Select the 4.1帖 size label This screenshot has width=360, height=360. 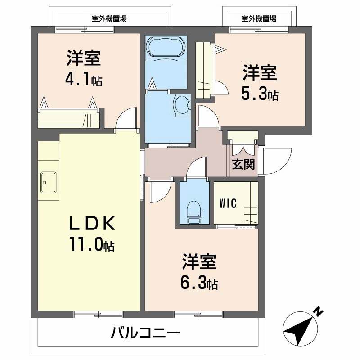coord(84,80)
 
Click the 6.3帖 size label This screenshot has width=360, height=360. coord(200,283)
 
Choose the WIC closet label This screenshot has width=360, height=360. coord(228,203)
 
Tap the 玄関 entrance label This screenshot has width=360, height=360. coord(243,164)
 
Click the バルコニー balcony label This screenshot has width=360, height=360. coord(145,334)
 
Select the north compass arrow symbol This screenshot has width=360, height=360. coord(299,328)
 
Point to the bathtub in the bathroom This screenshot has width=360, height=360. coord(165,48)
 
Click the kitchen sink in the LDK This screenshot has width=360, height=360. coord(48,182)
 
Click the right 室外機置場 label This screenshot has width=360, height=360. coord(259,18)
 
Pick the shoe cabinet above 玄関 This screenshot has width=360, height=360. coord(243,136)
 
